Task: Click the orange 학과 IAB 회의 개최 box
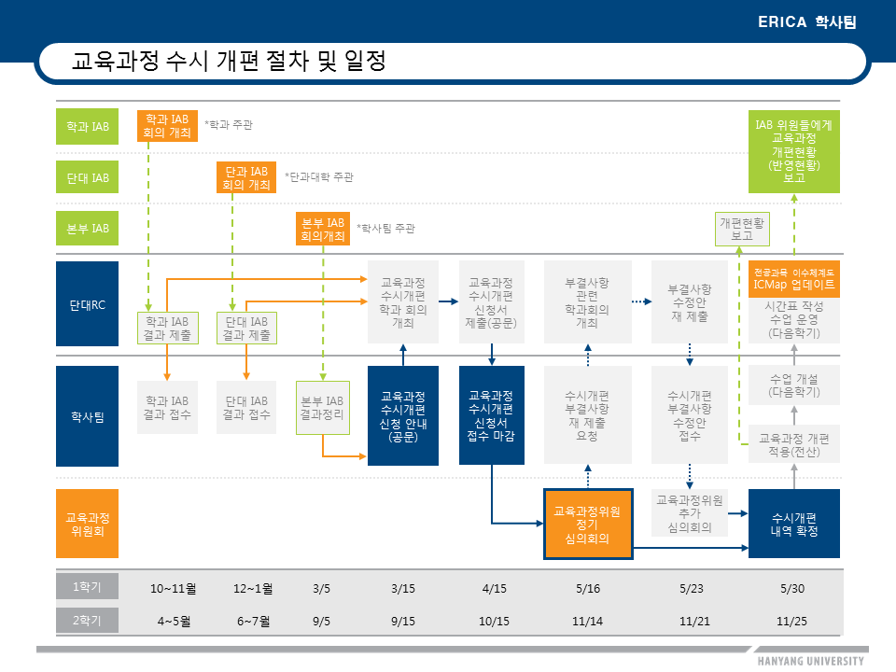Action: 167,126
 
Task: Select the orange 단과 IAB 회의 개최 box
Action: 246,177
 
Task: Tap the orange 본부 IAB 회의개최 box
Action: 323,230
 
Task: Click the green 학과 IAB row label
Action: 88,126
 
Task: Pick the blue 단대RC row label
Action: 88,304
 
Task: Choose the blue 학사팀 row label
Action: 88,416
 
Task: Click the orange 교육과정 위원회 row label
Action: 88,524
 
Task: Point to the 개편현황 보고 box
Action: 743,230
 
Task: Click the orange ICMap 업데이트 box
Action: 794,279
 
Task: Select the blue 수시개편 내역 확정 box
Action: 794,524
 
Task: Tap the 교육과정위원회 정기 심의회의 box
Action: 588,525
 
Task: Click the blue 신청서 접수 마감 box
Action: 492,415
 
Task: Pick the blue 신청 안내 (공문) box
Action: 403,415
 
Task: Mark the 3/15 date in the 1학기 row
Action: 403,589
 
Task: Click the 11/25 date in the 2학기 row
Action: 792,621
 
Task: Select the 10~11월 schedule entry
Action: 174,589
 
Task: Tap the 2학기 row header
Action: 88,620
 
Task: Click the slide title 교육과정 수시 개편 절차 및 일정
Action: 229,63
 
